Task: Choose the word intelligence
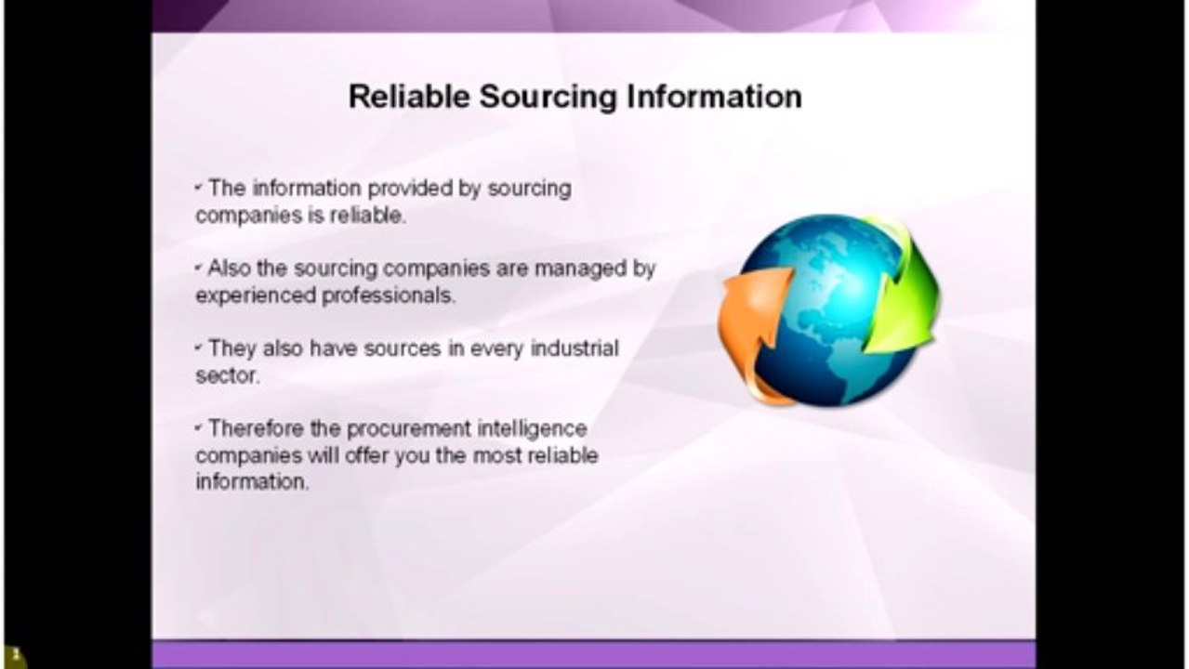532,429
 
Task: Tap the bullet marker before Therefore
199,428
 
